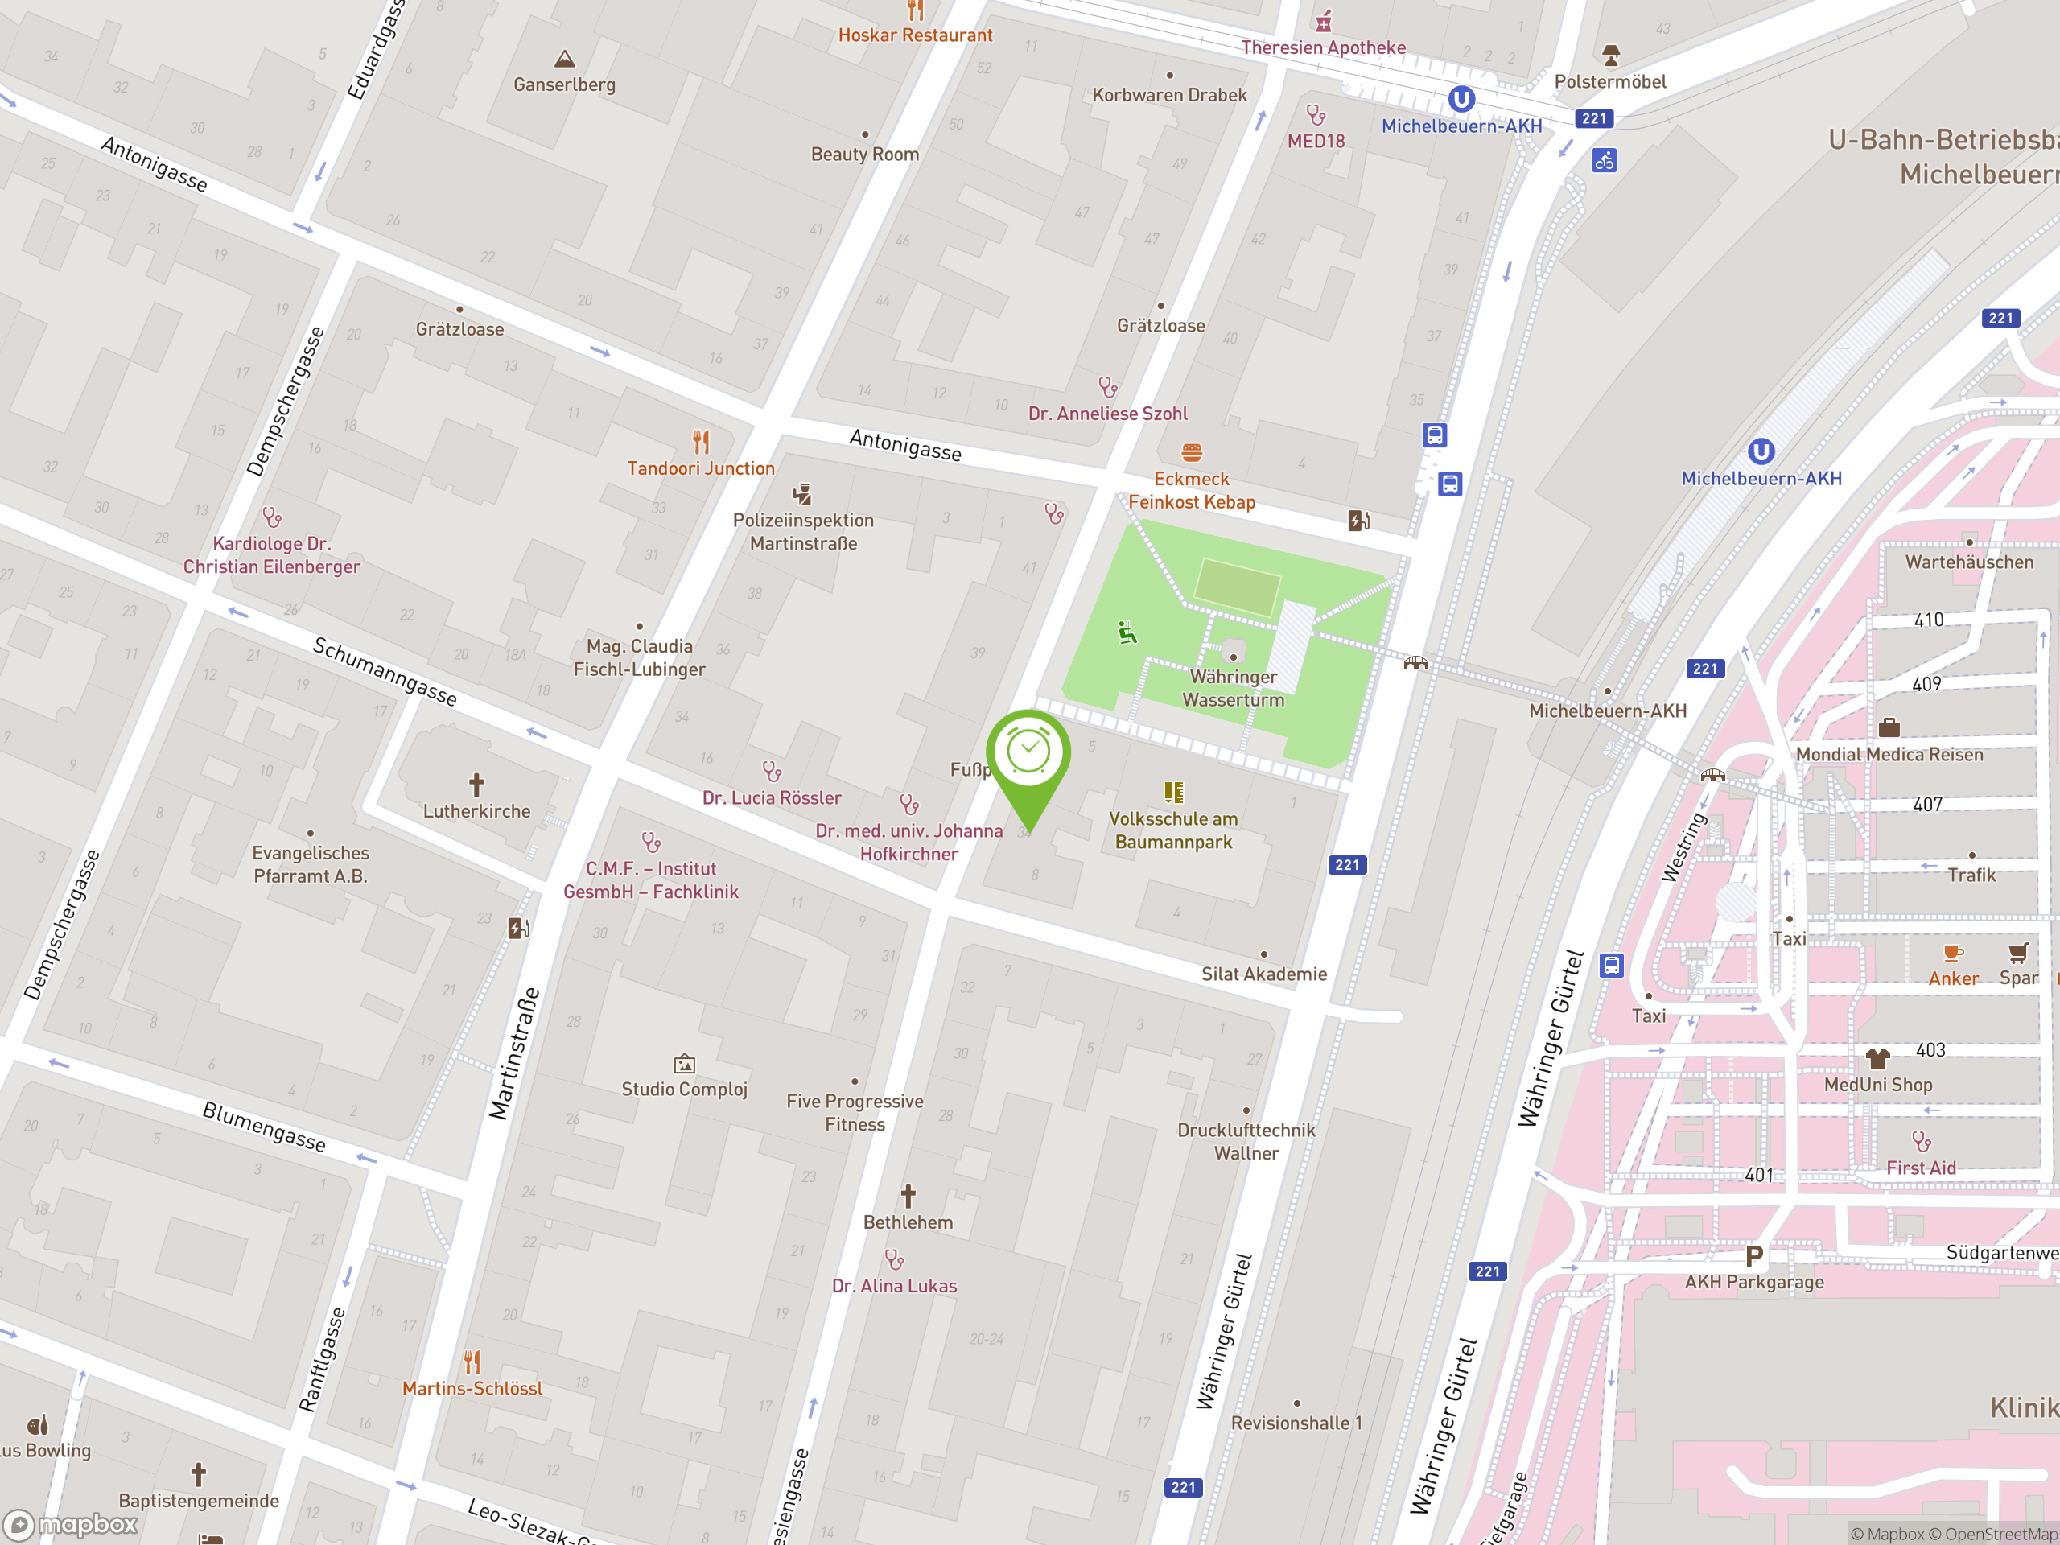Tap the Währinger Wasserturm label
(x=1233, y=688)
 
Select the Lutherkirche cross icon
(x=476, y=785)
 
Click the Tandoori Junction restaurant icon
(x=701, y=442)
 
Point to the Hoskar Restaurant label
(x=914, y=35)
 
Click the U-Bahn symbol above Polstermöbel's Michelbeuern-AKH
(x=1461, y=99)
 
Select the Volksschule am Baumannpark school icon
(x=1173, y=793)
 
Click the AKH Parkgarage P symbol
(x=1753, y=1256)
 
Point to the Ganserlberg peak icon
(x=564, y=60)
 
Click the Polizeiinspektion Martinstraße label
(x=803, y=532)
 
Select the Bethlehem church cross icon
(x=908, y=1196)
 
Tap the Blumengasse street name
(x=265, y=1127)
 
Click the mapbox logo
(x=72, y=1525)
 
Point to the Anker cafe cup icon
(x=1953, y=953)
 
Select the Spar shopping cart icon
(x=2017, y=953)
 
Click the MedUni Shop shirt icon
(x=1877, y=1059)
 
